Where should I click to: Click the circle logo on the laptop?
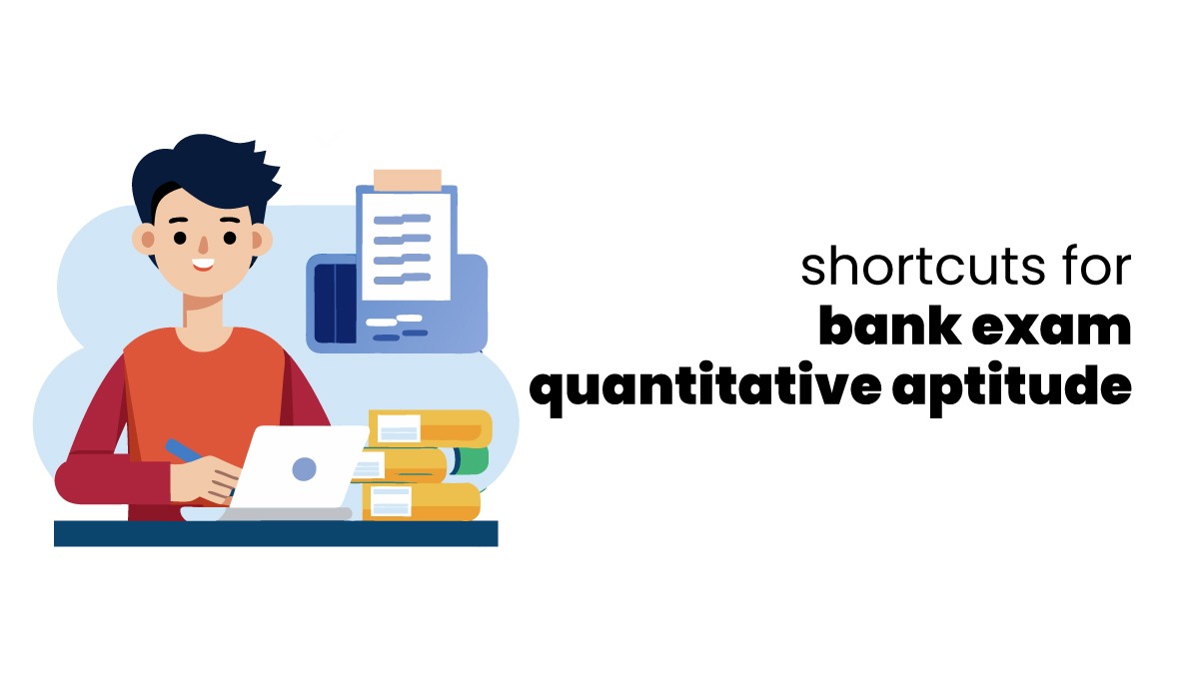[x=304, y=467]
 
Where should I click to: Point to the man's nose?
[x=201, y=245]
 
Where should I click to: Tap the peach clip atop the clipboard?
[x=407, y=181]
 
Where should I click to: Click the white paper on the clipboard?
[x=405, y=245]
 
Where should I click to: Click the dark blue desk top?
[x=275, y=533]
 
